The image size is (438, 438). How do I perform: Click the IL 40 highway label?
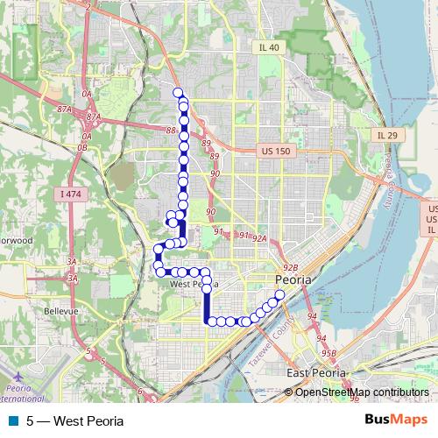tap(268, 47)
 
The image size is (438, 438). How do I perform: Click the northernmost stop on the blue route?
tap(178, 93)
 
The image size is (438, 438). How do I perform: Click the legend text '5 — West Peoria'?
tap(74, 420)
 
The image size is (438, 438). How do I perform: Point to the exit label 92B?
tap(289, 268)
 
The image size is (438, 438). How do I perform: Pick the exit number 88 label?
tap(169, 131)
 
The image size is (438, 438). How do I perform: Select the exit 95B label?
tap(328, 353)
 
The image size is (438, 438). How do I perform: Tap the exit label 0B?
tap(83, 147)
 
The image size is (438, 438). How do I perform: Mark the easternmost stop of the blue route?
tap(279, 295)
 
